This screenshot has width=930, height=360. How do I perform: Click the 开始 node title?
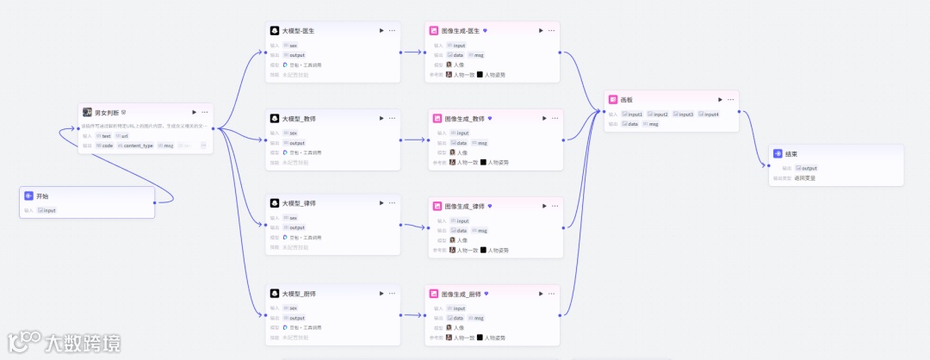point(44,196)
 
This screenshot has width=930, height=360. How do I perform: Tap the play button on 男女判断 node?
point(195,112)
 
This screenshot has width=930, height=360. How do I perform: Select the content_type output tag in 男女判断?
point(137,146)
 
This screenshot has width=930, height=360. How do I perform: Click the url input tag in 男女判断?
point(124,135)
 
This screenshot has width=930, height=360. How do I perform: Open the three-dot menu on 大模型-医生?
point(392,30)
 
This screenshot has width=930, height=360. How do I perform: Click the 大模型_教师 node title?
point(298,118)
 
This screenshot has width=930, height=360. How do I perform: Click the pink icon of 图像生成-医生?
point(436,30)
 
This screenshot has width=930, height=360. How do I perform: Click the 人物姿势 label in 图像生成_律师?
point(495,250)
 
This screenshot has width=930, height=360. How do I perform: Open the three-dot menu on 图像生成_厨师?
point(551,294)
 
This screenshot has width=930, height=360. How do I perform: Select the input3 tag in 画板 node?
point(685,115)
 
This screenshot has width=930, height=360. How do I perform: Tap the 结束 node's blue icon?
point(778,154)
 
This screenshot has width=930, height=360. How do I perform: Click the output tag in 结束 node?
point(809,168)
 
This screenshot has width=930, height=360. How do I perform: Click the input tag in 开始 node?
point(48,210)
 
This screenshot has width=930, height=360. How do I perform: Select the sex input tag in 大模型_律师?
point(292,218)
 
